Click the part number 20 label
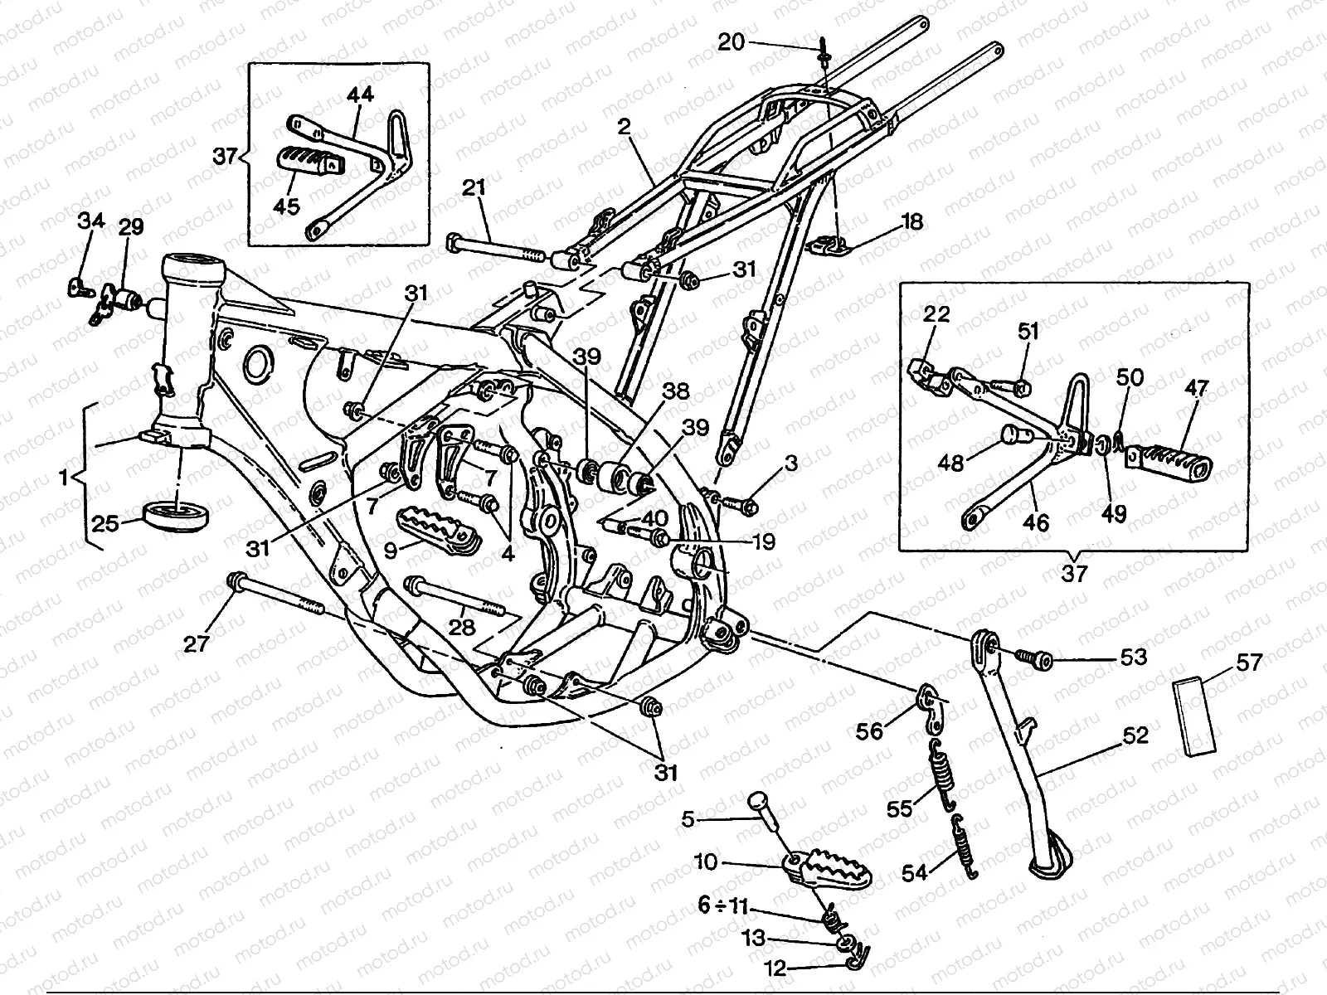(732, 42)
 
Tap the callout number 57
(1248, 663)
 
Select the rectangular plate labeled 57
(1194, 718)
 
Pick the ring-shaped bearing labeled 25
(176, 516)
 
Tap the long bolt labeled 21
(497, 248)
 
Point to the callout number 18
(912, 223)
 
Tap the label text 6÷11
(723, 906)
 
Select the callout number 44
(360, 95)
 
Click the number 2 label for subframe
(624, 127)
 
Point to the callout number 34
(91, 221)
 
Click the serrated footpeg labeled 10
(827, 870)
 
